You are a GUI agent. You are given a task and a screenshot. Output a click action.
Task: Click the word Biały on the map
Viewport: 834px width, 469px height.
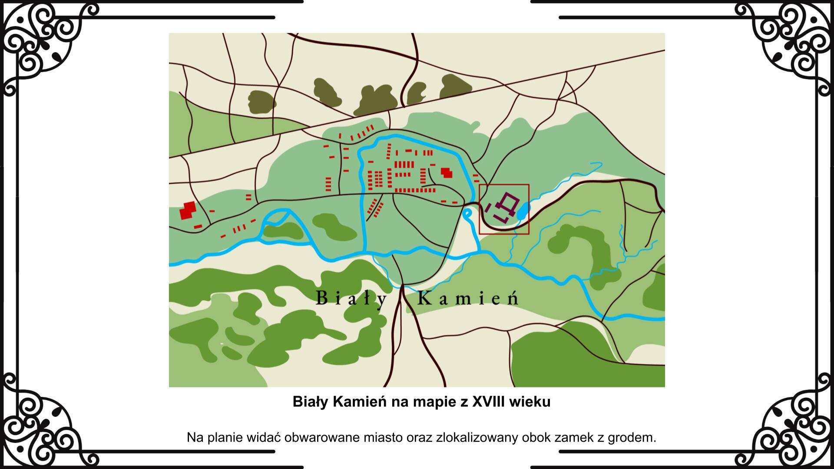[351, 299]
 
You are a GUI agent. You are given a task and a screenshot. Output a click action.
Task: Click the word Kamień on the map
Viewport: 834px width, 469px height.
[468, 299]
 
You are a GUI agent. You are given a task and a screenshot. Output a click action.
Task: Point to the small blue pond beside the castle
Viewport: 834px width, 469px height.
[523, 211]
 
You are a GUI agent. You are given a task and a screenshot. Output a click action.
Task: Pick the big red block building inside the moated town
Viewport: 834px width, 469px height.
[446, 172]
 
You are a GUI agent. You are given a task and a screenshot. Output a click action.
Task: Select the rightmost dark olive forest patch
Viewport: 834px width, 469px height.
[455, 87]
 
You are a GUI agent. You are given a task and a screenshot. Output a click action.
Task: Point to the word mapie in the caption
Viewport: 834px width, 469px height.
[430, 402]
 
